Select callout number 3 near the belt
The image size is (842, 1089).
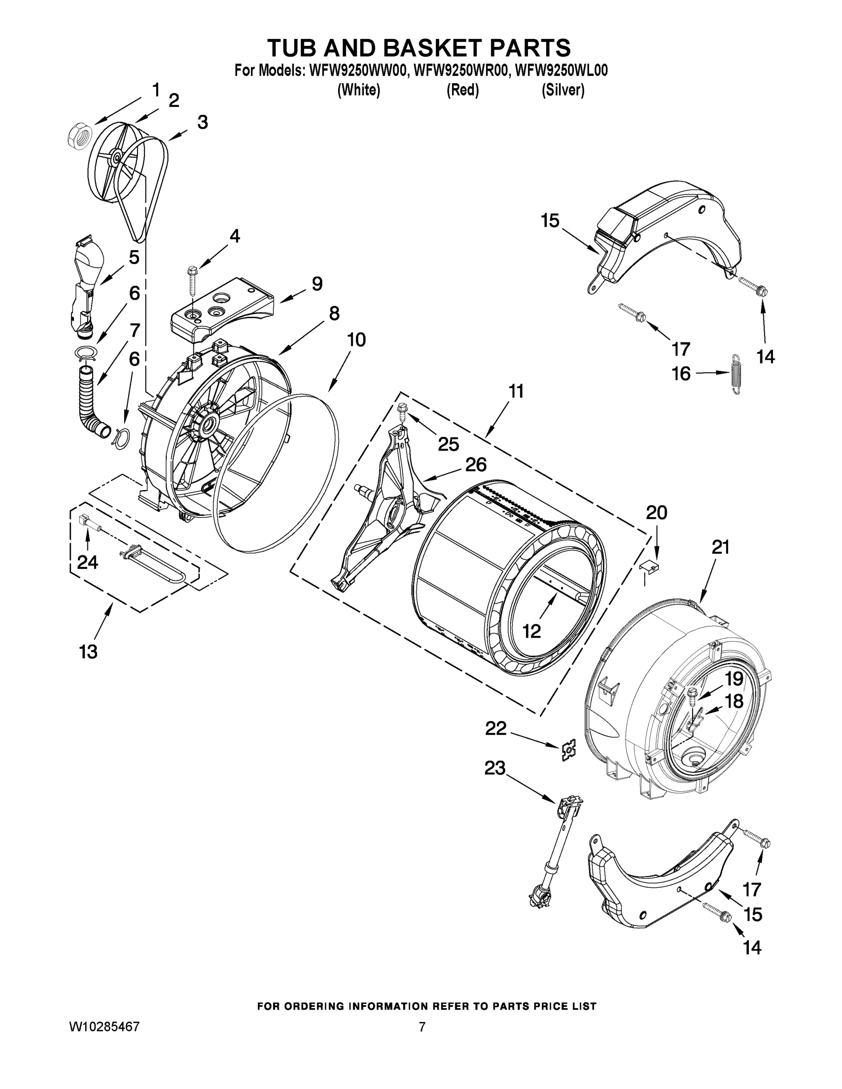click(x=202, y=122)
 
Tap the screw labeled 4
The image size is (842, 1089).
click(x=192, y=281)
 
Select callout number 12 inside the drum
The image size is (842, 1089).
click(x=532, y=631)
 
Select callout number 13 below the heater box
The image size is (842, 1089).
click(x=89, y=651)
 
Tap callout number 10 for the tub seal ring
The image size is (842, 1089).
click(x=356, y=339)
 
